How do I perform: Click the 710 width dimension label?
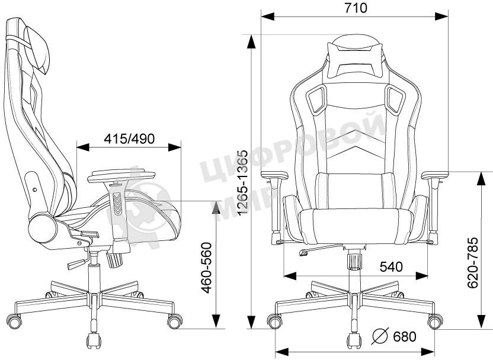pos(356,8)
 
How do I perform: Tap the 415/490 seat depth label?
pos(130,138)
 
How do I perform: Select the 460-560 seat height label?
pos(206,267)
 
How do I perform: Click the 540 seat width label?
pos(391,266)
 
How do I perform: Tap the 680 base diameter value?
pos(405,336)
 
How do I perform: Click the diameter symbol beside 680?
pos(380,336)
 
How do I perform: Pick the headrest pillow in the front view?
pos(356,60)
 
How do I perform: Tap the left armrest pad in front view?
pos(275,175)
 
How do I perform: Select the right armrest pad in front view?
pos(435,175)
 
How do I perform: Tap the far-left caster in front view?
pos(274,322)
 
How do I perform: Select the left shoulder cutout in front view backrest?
pos(315,99)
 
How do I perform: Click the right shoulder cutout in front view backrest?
pos(395,99)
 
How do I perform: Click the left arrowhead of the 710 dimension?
pos(268,16)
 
